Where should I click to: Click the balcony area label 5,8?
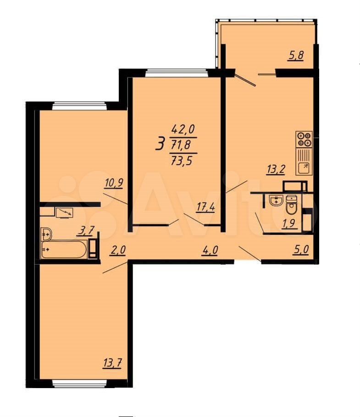[295, 56]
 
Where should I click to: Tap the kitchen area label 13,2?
[276, 169]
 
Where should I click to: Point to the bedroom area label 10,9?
[114, 183]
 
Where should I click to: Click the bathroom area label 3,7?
[86, 230]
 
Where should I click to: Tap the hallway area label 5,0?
[301, 250]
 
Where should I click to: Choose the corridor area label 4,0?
[210, 250]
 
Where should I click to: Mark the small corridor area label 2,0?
[117, 250]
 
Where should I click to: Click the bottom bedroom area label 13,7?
[112, 363]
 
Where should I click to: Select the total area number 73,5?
[181, 161]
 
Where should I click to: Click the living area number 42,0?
[183, 129]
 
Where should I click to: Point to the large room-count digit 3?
[160, 144]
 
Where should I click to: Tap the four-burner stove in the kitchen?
[304, 139]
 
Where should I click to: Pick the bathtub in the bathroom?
[64, 250]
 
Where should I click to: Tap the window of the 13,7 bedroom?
[79, 383]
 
